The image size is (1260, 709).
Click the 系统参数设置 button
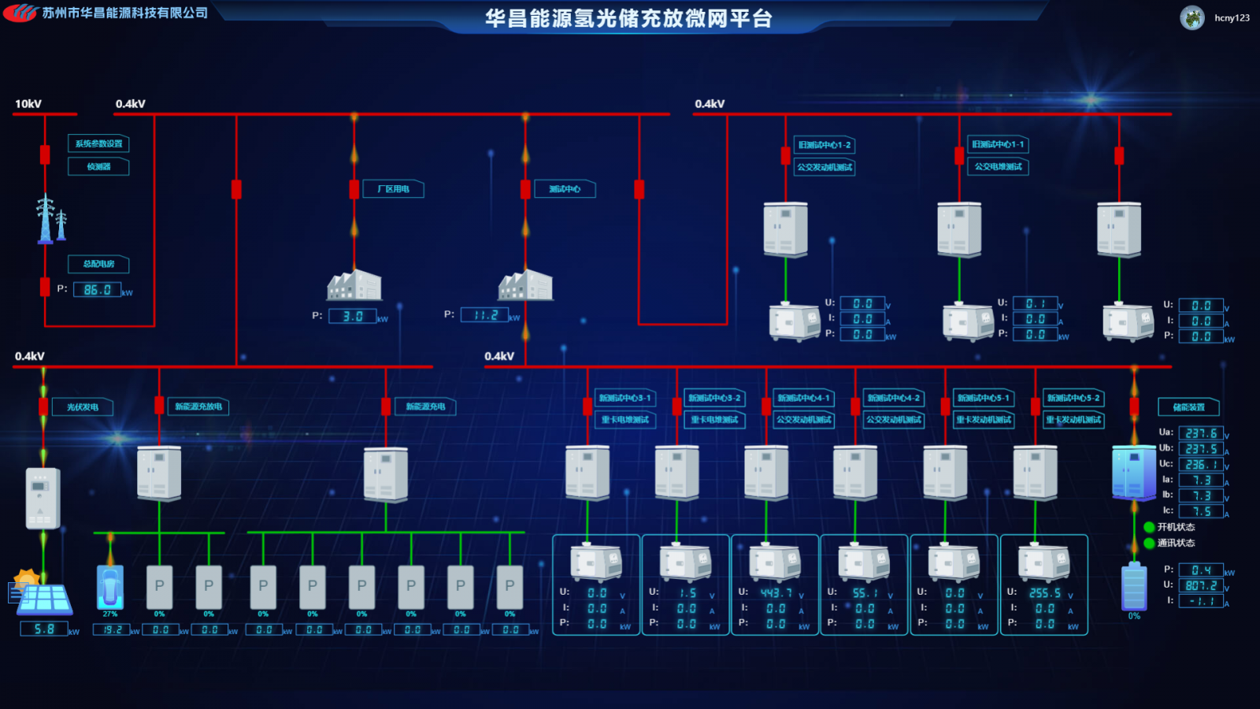point(98,144)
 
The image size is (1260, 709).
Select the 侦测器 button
point(98,167)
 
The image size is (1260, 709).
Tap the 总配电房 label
point(98,264)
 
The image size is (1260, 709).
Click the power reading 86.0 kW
point(97,290)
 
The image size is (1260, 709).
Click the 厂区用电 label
point(393,189)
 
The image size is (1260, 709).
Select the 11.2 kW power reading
point(485,315)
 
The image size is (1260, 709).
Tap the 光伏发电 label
point(83,407)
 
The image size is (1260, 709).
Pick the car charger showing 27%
point(110,588)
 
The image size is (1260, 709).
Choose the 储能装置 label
point(1188,407)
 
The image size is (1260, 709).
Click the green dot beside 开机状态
point(1149,527)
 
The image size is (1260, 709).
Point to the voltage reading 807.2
point(1201,585)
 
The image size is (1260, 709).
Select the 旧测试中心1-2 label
point(824,145)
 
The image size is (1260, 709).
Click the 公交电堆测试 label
point(998,167)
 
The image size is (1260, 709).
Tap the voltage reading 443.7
point(776,593)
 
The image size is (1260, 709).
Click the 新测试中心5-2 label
point(1073,399)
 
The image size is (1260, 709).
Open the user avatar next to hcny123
point(1192,17)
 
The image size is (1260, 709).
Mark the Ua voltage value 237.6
point(1201,433)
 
